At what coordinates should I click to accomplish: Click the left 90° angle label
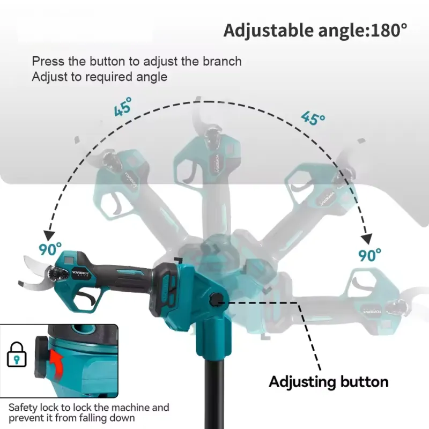click(50, 249)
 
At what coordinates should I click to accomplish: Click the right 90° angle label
click(369, 255)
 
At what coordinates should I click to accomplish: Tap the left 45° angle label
click(123, 107)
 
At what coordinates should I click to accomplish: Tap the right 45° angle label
click(313, 118)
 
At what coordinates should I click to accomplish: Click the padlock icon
click(17, 354)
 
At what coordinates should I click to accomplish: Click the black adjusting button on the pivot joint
click(216, 299)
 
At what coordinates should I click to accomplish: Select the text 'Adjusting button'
click(329, 382)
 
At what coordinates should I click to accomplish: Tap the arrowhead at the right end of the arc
click(367, 239)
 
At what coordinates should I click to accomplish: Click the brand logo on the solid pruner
click(80, 273)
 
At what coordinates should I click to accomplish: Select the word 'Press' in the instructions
click(48, 61)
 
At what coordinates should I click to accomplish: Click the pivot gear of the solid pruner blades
click(57, 274)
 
